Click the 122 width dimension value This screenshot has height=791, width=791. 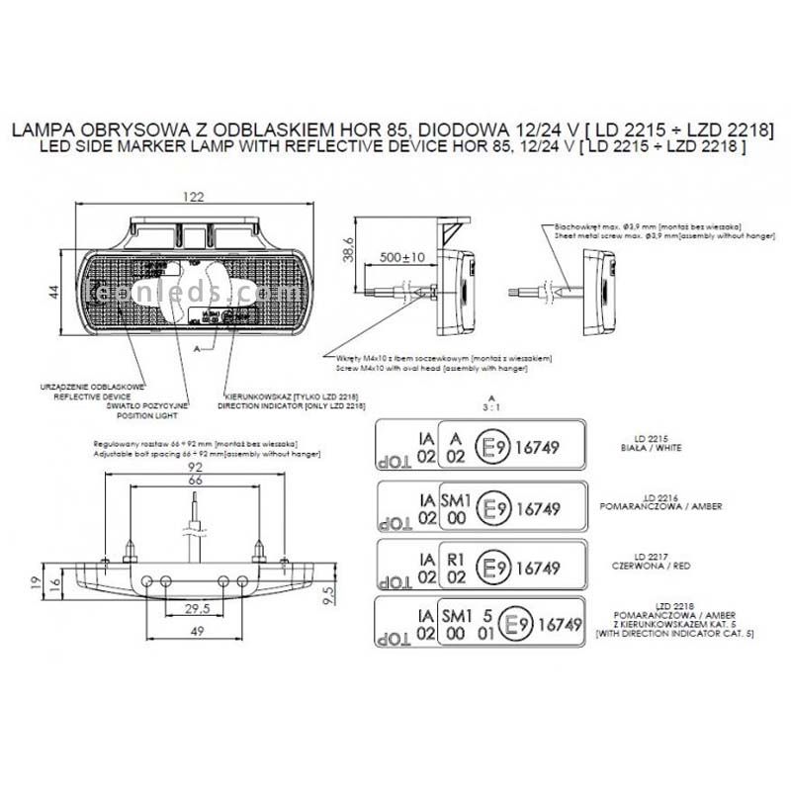pos(193,198)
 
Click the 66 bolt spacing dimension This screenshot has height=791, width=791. pos(195,480)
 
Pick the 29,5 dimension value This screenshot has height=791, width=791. pos(195,610)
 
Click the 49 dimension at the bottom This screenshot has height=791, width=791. pos(195,632)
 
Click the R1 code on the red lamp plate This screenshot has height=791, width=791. pos(456,559)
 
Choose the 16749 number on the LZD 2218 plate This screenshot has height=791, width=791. pos(563,624)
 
